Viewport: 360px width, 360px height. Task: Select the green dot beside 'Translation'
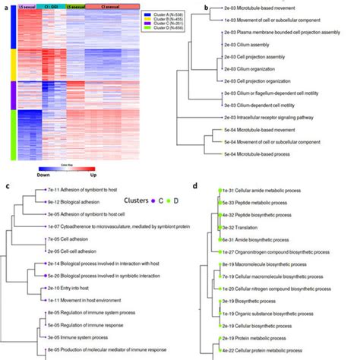click(x=219, y=237)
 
